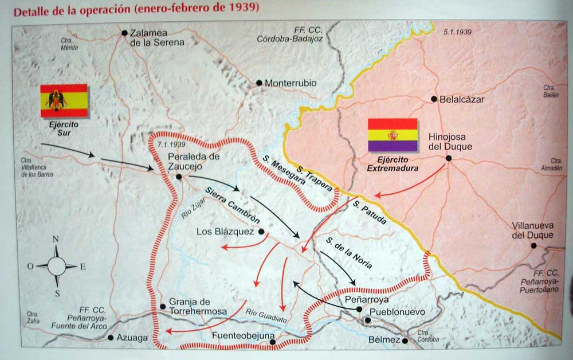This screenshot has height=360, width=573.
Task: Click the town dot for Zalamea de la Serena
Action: (124, 33)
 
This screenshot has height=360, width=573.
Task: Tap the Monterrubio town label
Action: (291, 83)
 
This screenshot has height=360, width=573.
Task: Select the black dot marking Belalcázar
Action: (434, 99)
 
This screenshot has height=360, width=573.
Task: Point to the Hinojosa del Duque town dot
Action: (449, 158)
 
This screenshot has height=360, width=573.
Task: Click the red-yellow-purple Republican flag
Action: (393, 135)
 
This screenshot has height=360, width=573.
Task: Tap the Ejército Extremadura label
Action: (393, 165)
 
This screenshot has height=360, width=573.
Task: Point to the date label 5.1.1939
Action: (457, 32)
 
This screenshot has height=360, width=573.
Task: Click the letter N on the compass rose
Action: (56, 240)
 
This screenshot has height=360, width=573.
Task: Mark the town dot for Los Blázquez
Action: (261, 232)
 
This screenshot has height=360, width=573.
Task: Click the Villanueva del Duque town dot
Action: (533, 245)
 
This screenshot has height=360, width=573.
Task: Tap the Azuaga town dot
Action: (111, 338)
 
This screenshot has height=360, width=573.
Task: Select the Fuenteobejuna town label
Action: (244, 335)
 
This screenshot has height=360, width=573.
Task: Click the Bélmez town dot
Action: (405, 341)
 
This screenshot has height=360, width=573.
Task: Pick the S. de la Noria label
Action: (348, 252)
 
